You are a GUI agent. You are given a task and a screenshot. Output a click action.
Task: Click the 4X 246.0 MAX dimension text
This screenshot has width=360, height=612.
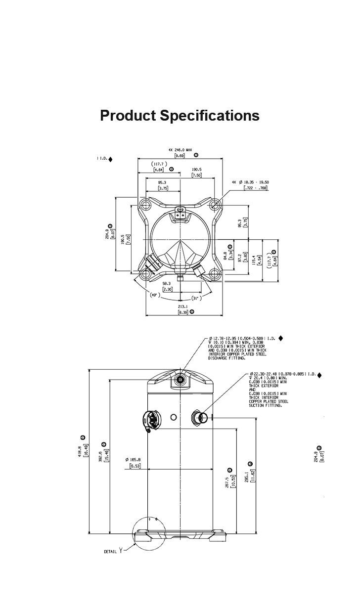[x=180, y=149]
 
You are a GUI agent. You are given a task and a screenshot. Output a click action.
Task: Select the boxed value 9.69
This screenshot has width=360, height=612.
[x=180, y=156]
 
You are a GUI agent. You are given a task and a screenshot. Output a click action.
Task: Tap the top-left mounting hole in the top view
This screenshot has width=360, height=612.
[x=144, y=204]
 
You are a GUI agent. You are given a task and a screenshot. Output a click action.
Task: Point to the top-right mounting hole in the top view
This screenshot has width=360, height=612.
[x=214, y=204]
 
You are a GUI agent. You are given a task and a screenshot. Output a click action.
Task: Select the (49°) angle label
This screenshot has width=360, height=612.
[x=155, y=295]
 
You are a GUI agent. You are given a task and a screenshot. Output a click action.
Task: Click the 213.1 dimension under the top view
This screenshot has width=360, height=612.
[x=182, y=306]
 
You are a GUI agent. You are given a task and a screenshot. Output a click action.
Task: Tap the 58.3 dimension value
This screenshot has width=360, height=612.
[x=167, y=284]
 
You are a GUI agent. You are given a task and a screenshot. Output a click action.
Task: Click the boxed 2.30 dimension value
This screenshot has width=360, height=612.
[x=167, y=289]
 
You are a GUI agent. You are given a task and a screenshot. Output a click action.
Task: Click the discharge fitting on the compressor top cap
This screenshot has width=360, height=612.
[x=180, y=380]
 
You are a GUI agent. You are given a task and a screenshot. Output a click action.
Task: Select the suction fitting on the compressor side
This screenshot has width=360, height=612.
[x=202, y=418]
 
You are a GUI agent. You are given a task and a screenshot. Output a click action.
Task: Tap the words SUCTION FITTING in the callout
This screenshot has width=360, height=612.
[x=266, y=405]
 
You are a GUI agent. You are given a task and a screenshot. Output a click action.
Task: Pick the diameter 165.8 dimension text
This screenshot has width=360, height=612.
[x=133, y=459]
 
